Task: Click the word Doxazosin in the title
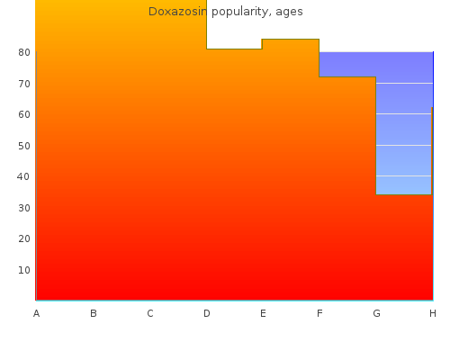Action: pos(177,12)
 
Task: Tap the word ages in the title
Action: pos(289,13)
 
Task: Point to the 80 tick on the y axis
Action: pos(24,52)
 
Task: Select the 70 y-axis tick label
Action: pos(24,84)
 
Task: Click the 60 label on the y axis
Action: pos(24,114)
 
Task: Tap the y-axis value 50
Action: pos(24,146)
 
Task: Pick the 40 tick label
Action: pos(23,176)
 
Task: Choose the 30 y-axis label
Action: pos(24,208)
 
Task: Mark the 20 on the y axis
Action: pos(24,238)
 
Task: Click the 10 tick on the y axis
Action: pos(24,270)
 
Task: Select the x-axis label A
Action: pos(36,313)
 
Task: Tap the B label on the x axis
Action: pos(94,313)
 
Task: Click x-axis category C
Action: pos(150,313)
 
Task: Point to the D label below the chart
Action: pos(207,313)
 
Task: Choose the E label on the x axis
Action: pos(263,313)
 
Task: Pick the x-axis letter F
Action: pos(319,313)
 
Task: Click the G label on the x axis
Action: pos(376,313)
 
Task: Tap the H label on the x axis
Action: pos(433,313)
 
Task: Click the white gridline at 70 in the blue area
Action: pos(404,83)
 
